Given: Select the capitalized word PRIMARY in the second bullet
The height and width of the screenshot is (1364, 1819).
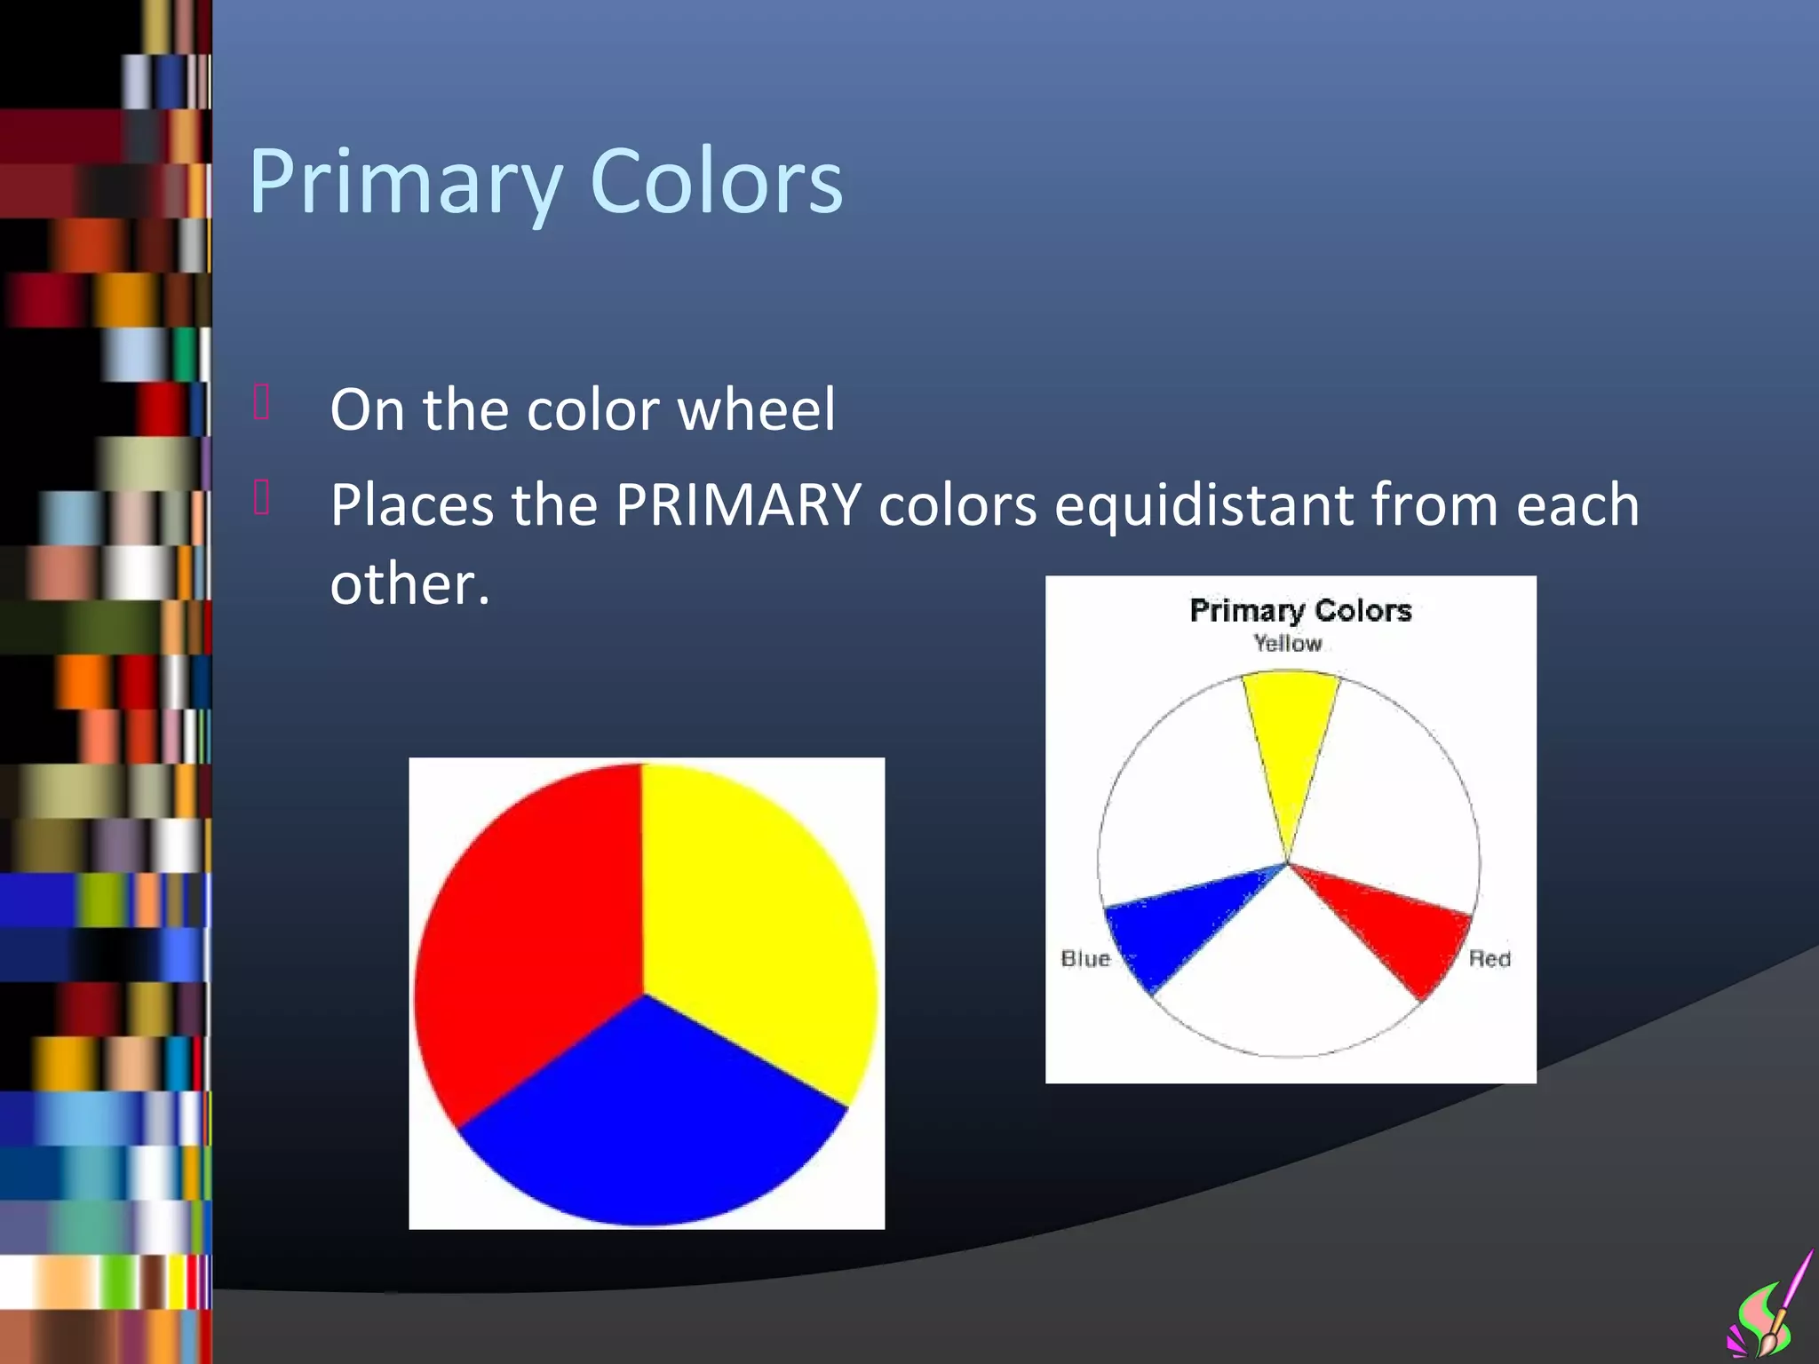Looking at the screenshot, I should point(737,505).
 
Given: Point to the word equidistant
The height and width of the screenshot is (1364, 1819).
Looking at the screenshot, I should point(1203,505).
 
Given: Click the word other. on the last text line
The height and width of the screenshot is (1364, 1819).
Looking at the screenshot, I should point(409,584).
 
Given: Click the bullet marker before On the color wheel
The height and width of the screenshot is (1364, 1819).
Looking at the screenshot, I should point(261,402).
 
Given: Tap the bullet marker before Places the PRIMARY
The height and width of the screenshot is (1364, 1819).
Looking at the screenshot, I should point(261,498).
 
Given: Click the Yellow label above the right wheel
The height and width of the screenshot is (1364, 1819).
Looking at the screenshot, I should point(1287,644).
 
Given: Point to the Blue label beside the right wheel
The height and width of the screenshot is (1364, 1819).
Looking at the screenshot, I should point(1085,959).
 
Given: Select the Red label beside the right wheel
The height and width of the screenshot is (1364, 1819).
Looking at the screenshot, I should point(1489,959).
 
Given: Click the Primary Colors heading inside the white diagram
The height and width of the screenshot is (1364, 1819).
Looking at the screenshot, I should point(1299,611).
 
